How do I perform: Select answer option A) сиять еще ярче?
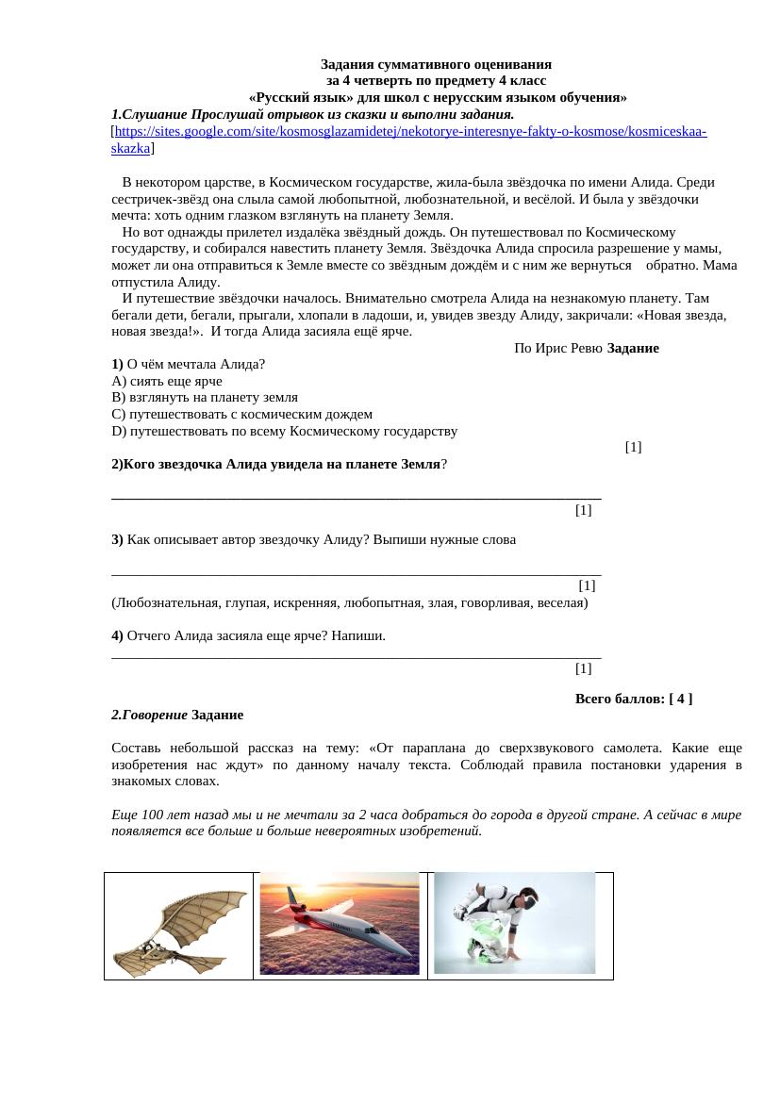167,381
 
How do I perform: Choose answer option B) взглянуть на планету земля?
205,398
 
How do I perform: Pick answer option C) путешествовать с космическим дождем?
241,414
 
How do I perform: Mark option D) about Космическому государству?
284,431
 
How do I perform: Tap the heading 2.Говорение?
156,715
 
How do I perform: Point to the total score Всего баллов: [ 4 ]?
633,699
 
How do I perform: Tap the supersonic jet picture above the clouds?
340,924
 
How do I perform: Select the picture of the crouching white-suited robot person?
514,923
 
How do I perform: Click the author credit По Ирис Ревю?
558,348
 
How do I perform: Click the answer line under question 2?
356,494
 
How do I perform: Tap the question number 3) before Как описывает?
117,539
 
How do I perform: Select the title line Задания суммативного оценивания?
436,64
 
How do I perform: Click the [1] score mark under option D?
633,447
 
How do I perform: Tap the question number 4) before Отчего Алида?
117,635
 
